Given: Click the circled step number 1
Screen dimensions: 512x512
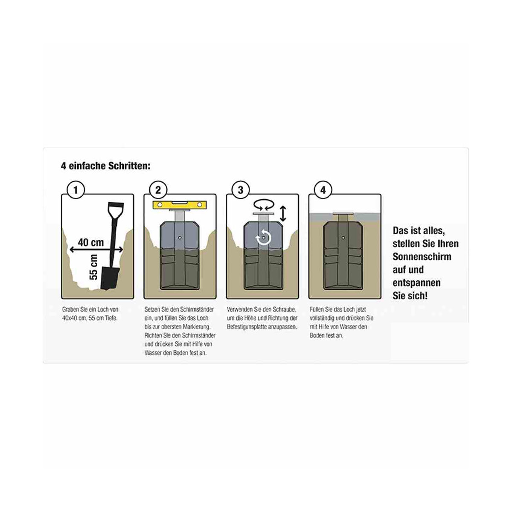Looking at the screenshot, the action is (x=76, y=190).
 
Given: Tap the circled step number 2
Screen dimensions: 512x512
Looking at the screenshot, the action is (x=158, y=190).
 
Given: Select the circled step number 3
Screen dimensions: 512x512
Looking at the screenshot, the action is (x=241, y=190).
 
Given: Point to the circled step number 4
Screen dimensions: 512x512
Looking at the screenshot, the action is (x=323, y=190).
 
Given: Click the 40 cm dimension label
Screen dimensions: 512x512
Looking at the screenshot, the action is (x=91, y=242).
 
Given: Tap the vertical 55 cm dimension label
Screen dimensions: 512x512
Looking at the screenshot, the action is (x=93, y=267).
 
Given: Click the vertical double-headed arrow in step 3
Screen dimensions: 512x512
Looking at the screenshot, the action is (x=283, y=214).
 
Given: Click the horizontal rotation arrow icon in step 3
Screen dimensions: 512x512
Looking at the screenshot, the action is (x=264, y=205).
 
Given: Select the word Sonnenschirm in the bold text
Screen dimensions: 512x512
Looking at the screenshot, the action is (x=422, y=257).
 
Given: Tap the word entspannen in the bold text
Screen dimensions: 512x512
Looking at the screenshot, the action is (x=416, y=283).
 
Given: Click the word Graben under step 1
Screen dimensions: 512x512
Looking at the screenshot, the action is (x=71, y=309).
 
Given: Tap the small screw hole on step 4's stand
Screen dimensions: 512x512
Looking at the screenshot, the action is (x=343, y=237).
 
